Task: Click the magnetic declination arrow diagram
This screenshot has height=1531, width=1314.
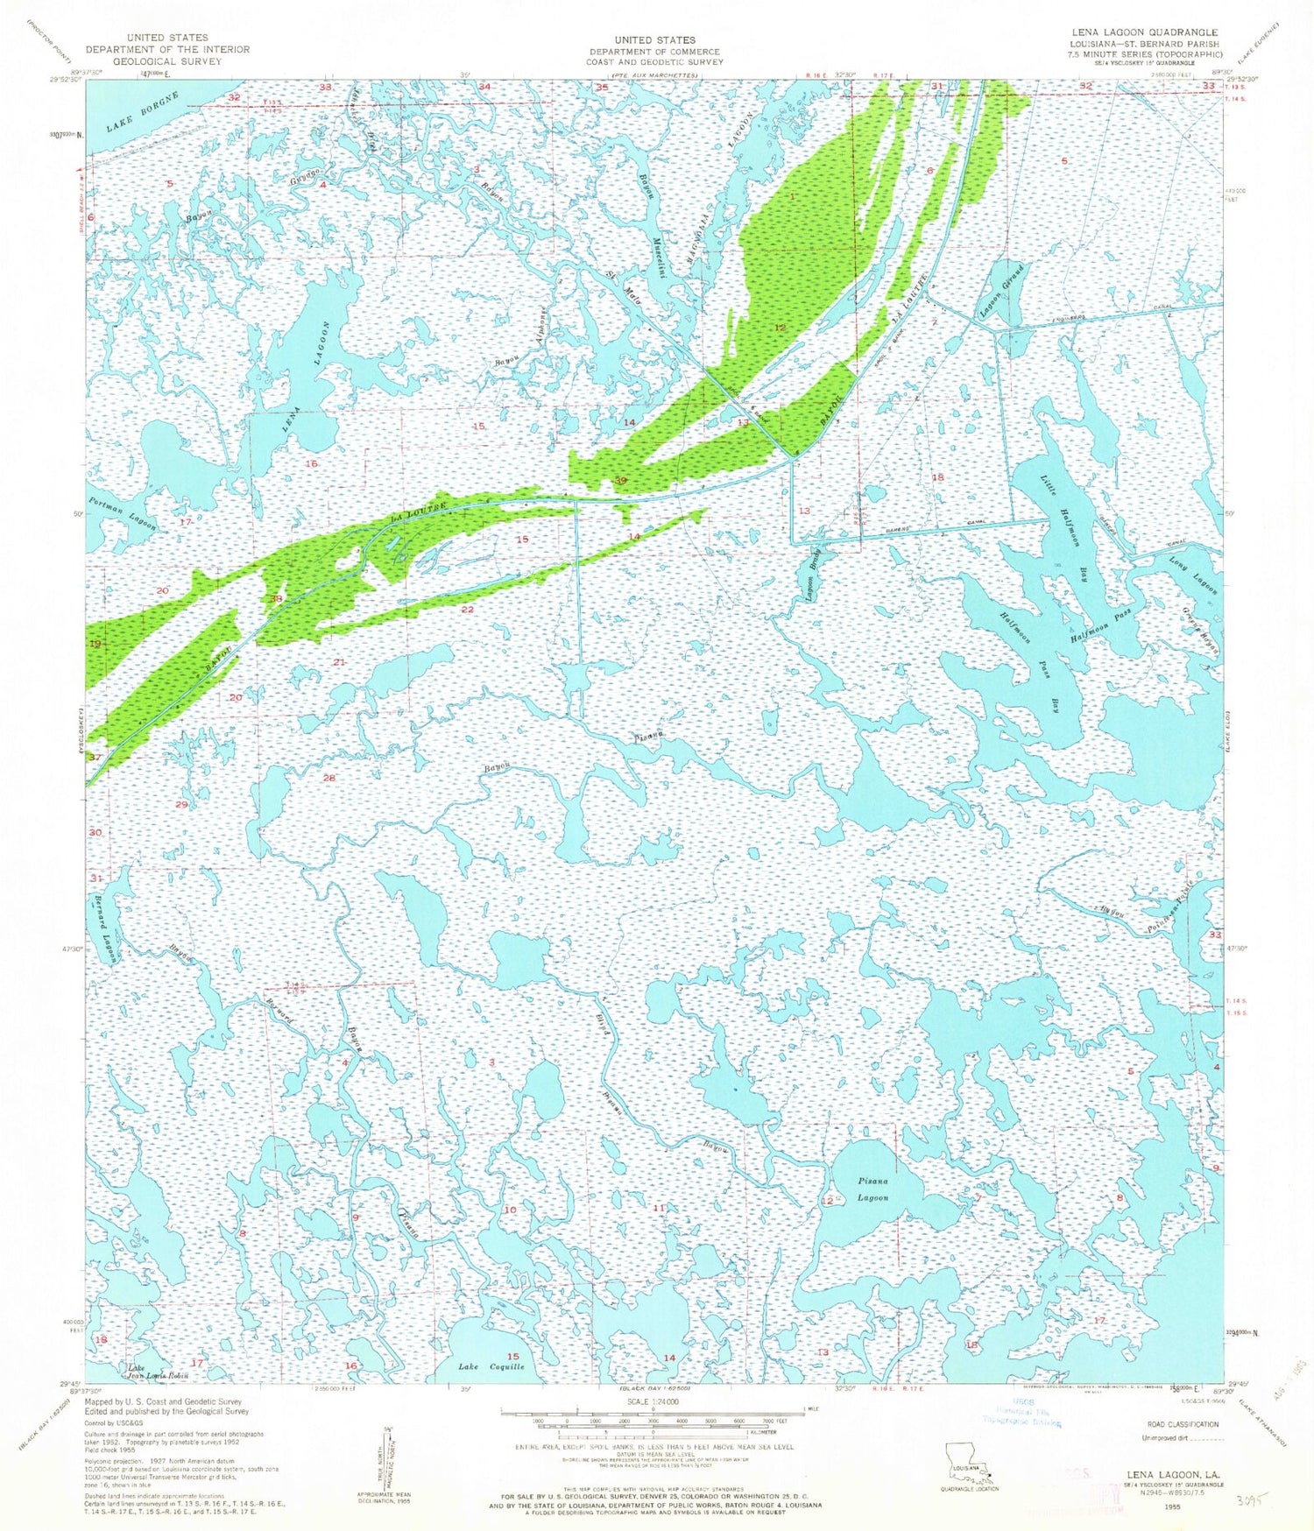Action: [x=386, y=1459]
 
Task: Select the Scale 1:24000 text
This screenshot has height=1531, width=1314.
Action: [x=653, y=1401]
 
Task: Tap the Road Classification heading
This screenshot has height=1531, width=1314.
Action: [x=1175, y=1423]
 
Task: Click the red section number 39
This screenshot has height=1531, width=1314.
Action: [x=621, y=481]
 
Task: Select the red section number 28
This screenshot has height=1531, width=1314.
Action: [x=329, y=778]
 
